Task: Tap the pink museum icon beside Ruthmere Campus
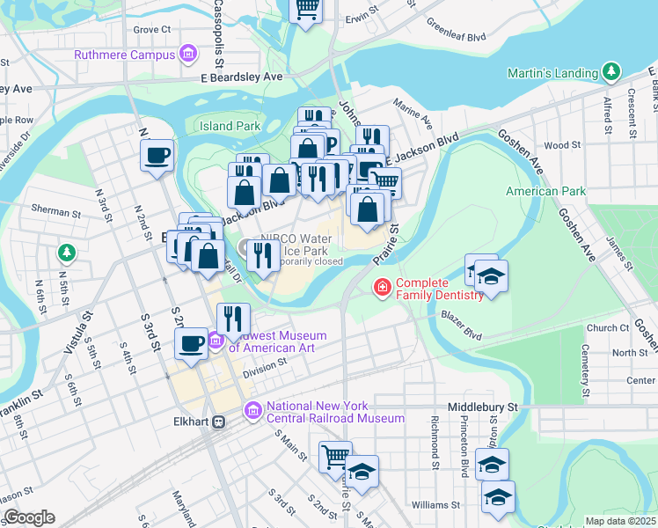pyautogui.click(x=186, y=55)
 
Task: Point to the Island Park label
pyautogui.click(x=230, y=126)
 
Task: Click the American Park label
pyautogui.click(x=545, y=191)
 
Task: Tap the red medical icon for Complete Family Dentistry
pyautogui.click(x=383, y=287)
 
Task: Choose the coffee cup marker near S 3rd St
pyautogui.click(x=192, y=343)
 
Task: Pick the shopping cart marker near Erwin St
pyautogui.click(x=307, y=9)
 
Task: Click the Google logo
pyautogui.click(x=28, y=517)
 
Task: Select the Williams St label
pyautogui.click(x=435, y=505)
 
